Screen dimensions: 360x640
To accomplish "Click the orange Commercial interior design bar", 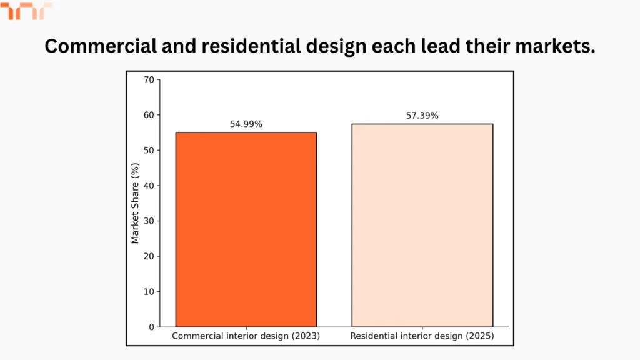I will (x=246, y=229).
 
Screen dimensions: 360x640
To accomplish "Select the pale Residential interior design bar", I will (x=422, y=225).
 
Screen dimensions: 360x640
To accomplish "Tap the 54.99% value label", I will (x=246, y=124).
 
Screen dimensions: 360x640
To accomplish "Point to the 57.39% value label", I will (x=422, y=116).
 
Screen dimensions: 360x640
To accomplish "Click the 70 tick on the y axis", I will (x=148, y=79).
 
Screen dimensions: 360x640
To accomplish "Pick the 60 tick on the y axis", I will (x=148, y=115).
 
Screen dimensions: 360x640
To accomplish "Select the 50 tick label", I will (x=148, y=150).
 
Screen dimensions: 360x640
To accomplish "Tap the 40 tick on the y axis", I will (x=148, y=186).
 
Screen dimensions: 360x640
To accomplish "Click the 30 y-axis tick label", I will (x=148, y=221).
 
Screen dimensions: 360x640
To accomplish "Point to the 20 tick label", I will (x=148, y=256).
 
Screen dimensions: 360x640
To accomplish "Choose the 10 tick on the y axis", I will (x=148, y=291).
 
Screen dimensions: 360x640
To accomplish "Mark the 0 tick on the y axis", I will (x=151, y=327).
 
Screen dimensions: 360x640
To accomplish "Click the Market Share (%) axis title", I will (x=135, y=203).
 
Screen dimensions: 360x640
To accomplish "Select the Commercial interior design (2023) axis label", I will (x=246, y=336).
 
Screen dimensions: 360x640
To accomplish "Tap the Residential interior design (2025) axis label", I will (x=422, y=336).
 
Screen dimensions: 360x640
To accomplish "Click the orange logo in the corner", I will (x=25, y=11).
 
